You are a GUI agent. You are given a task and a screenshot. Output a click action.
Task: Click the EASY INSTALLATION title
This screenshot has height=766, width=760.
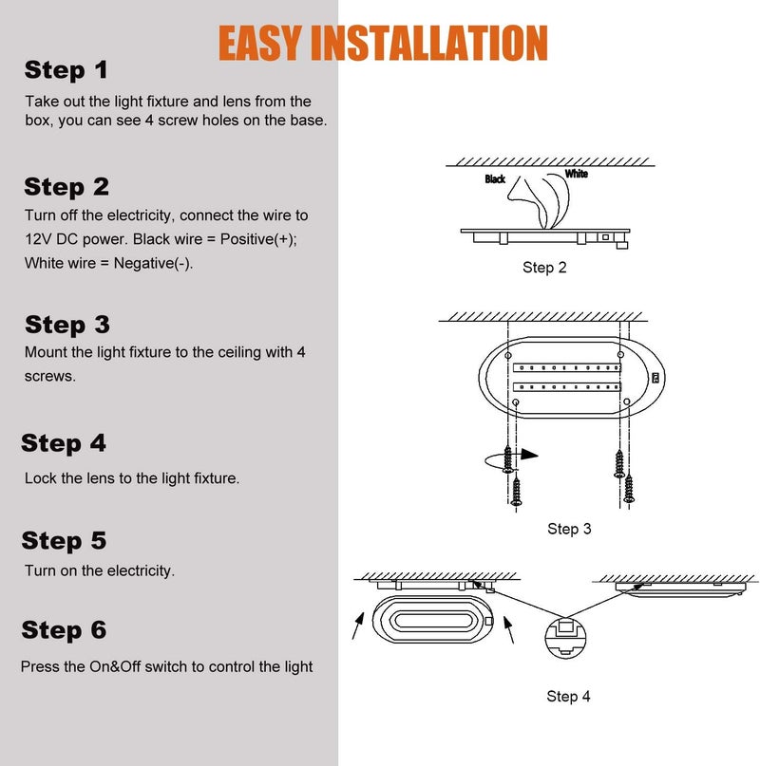(x=383, y=43)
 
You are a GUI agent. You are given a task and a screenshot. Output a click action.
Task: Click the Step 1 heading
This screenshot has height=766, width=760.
(x=66, y=70)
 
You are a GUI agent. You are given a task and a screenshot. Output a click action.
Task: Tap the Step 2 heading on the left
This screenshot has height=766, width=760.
(x=66, y=186)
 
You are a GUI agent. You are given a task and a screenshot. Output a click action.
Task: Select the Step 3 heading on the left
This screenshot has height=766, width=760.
(x=66, y=325)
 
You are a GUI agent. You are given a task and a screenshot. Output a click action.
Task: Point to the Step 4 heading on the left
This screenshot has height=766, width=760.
(x=64, y=443)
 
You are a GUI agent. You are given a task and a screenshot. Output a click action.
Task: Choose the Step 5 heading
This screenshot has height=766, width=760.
(x=64, y=541)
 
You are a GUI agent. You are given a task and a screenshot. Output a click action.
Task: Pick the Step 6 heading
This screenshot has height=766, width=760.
(x=64, y=630)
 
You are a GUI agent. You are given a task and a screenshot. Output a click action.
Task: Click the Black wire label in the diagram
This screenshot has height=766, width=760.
(x=495, y=178)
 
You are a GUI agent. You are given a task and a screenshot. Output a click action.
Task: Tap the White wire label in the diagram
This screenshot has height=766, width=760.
(x=576, y=174)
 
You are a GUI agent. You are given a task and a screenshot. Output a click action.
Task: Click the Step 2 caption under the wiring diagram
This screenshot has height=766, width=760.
(x=544, y=268)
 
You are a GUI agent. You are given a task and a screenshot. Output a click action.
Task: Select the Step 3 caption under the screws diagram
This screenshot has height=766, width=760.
(x=569, y=529)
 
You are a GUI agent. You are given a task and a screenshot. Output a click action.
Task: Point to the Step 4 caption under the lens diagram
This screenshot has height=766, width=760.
(x=568, y=697)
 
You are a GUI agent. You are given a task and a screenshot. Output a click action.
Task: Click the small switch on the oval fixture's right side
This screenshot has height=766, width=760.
(x=655, y=377)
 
